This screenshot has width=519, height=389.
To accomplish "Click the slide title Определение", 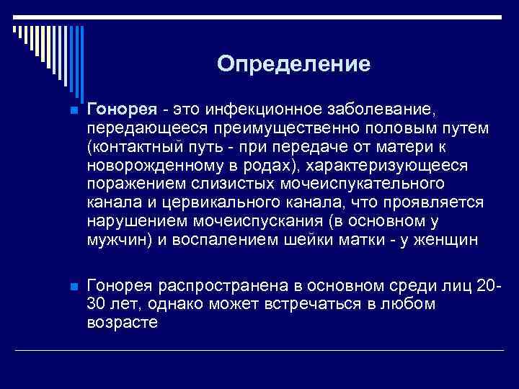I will coord(293,64).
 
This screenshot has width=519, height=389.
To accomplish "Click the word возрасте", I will coord(122,323).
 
